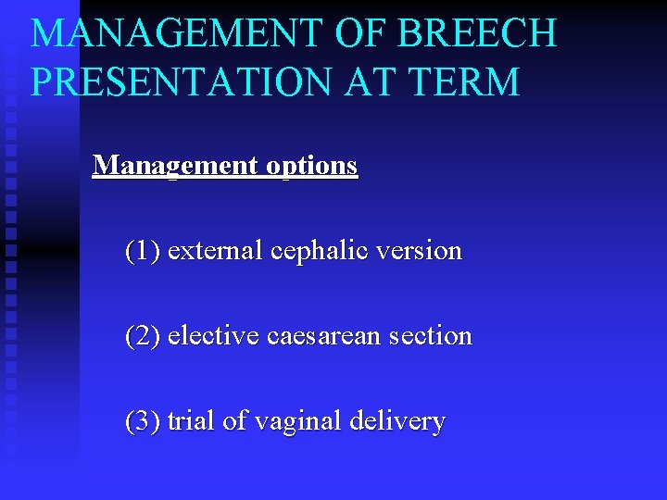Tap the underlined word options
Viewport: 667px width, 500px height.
tap(311, 166)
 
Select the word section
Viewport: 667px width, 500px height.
tap(431, 336)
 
